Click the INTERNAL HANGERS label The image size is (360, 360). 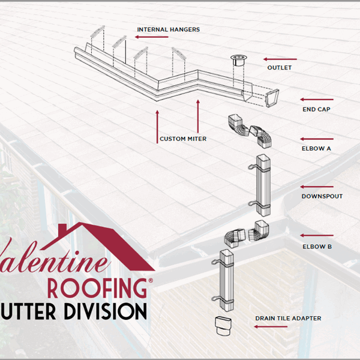pyautogui.click(x=168, y=29)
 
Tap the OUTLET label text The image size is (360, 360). pyautogui.click(x=279, y=68)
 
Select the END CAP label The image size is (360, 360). pyautogui.click(x=316, y=110)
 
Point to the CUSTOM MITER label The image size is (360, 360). pyautogui.click(x=183, y=139)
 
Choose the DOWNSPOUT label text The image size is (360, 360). pyautogui.click(x=322, y=196)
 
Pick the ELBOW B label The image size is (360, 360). pyautogui.click(x=316, y=246)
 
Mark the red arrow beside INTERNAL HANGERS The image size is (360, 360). pyautogui.click(x=154, y=37)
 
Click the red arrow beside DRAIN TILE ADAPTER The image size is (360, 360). pyautogui.click(x=266, y=326)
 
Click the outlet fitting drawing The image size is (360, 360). pyautogui.click(x=236, y=61)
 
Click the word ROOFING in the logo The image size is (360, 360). pyautogui.click(x=96, y=287)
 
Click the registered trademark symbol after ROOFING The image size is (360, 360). pyautogui.click(x=150, y=280)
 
